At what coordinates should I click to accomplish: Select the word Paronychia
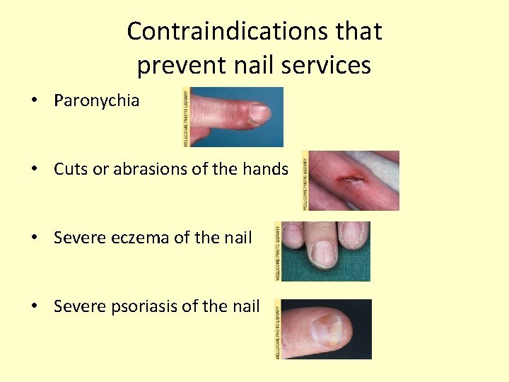[97, 101]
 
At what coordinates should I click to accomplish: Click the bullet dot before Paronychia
[34, 101]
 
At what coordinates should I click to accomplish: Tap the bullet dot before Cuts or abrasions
[34, 170]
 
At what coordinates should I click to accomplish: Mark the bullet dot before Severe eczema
[34, 238]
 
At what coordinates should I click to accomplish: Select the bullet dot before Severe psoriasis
[34, 307]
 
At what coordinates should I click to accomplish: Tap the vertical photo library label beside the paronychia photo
[187, 117]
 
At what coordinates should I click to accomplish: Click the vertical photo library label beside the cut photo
[305, 180]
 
